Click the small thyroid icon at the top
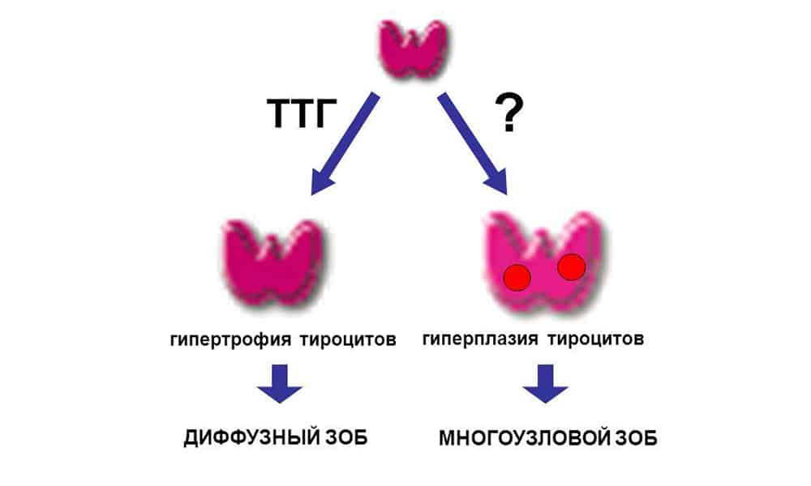click(x=414, y=49)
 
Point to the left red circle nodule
click(x=517, y=278)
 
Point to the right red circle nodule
click(x=572, y=266)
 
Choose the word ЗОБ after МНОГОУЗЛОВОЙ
click(x=635, y=438)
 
